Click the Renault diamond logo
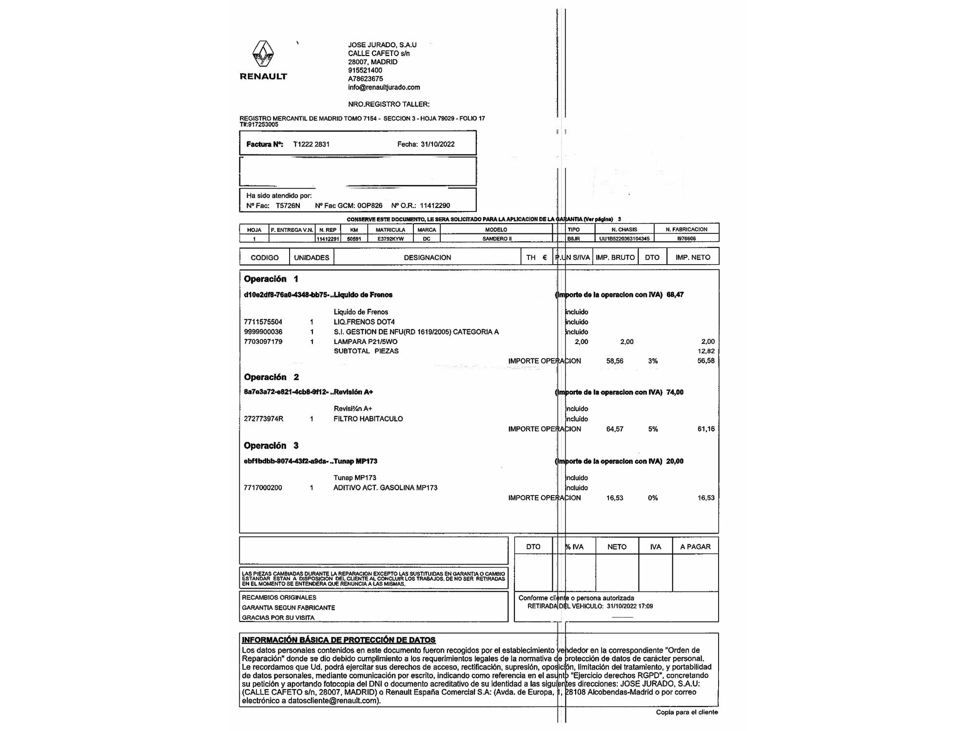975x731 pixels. [263, 54]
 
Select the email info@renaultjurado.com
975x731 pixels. [384, 87]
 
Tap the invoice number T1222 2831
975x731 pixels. [311, 144]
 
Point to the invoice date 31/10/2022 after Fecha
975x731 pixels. [437, 144]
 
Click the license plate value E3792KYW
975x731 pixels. [390, 239]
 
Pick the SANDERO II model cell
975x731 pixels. [497, 239]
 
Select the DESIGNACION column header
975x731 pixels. [427, 257]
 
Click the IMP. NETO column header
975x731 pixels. [692, 257]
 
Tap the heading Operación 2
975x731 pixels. [271, 377]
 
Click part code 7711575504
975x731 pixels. [263, 322]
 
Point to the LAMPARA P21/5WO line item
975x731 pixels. [365, 342]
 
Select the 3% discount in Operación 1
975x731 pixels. [653, 361]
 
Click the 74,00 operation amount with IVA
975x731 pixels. [675, 392]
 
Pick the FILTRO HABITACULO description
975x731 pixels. [368, 419]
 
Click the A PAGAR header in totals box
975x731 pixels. [695, 547]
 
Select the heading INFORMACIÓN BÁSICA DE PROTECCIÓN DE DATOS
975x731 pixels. [338, 640]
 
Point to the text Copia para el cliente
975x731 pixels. [686, 712]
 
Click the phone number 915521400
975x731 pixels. [365, 70]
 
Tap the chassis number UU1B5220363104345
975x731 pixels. [624, 239]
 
